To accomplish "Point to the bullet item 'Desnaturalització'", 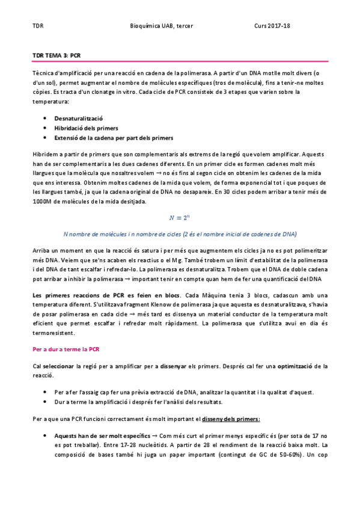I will pyautogui.click(x=79, y=119).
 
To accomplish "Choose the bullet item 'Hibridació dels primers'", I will pyautogui.click(x=86, y=129).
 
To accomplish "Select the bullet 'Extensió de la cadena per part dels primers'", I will pyautogui.click(x=114, y=138).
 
